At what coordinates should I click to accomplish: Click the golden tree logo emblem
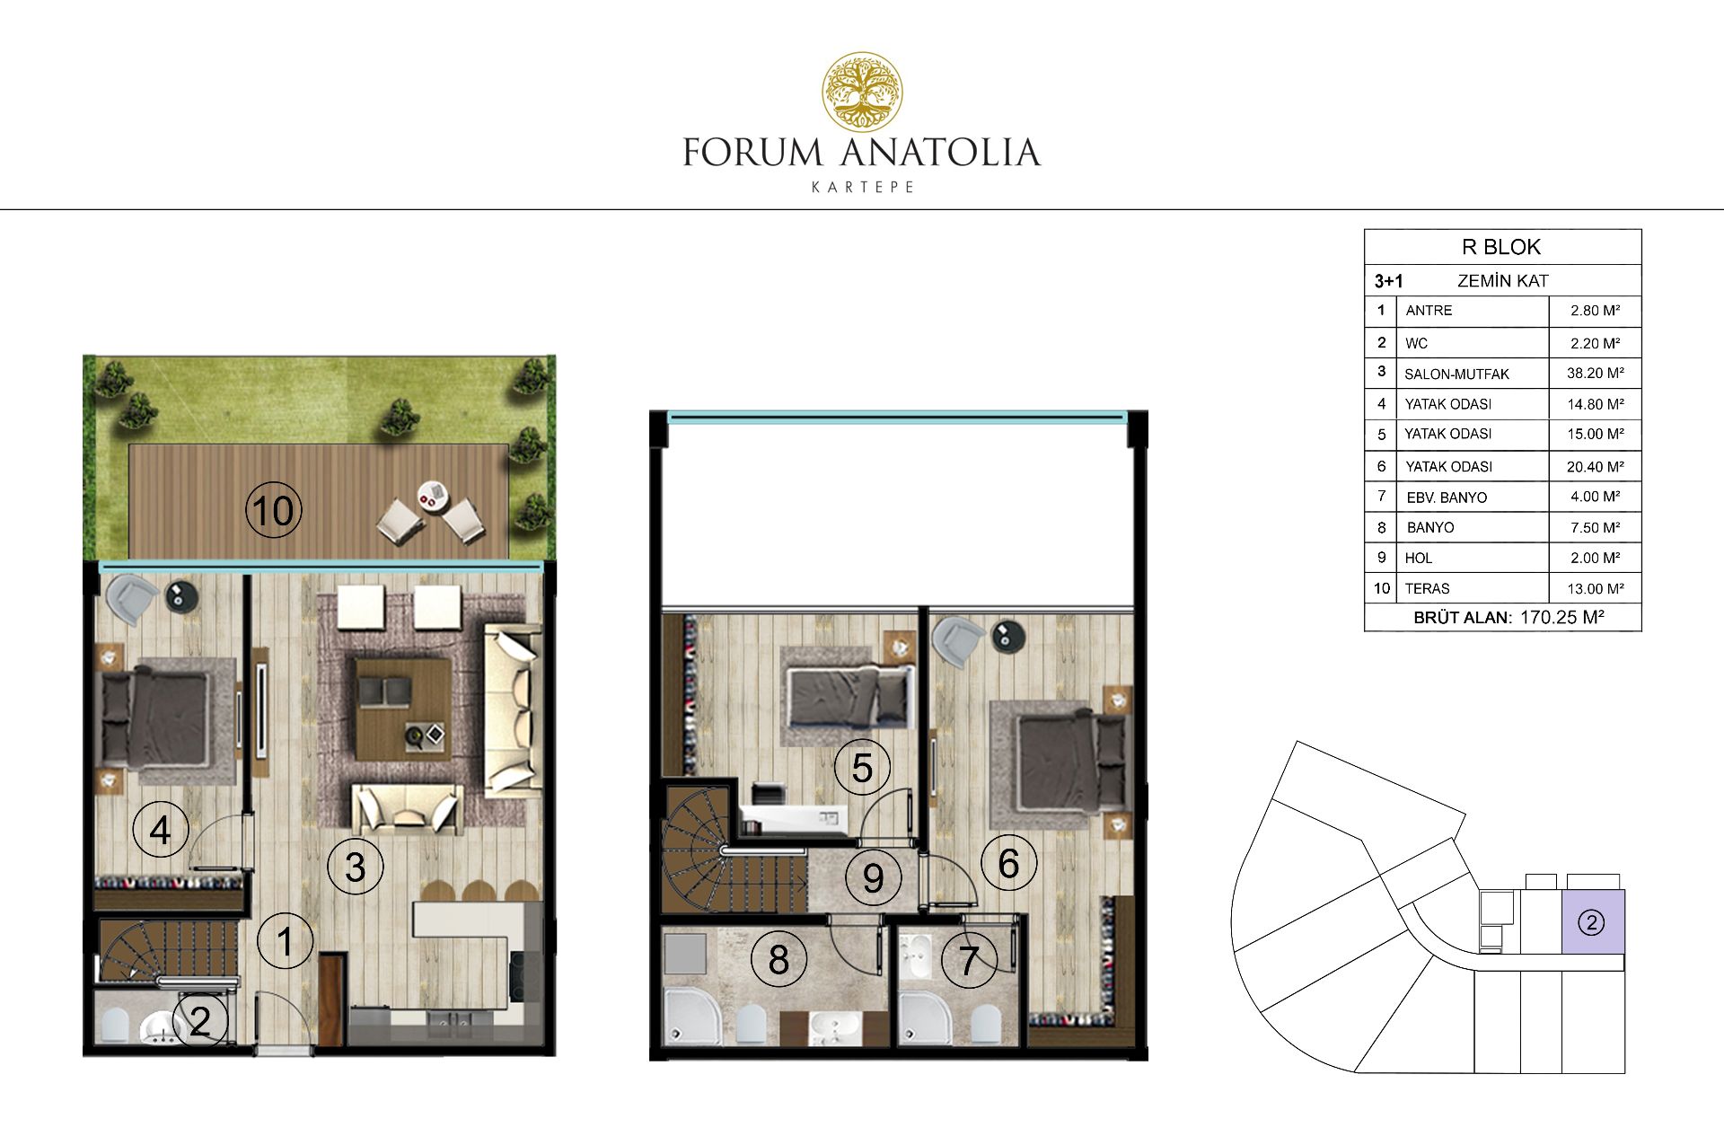click(x=863, y=91)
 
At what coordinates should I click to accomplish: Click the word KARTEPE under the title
click(x=862, y=187)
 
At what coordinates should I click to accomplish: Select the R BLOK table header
click(x=1501, y=247)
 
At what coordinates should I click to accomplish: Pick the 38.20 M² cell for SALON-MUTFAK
click(x=1595, y=373)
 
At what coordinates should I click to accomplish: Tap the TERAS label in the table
click(x=1427, y=588)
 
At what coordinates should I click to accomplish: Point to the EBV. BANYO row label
click(x=1447, y=498)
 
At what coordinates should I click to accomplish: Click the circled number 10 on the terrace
click(x=274, y=511)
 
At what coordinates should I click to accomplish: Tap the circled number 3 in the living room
click(x=356, y=868)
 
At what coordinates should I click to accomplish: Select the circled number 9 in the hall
click(x=873, y=877)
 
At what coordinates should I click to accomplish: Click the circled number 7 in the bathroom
click(x=968, y=960)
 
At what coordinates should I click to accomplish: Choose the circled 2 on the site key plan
click(x=1591, y=922)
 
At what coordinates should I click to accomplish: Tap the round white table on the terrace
click(x=434, y=496)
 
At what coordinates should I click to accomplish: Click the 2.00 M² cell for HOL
click(x=1595, y=558)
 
